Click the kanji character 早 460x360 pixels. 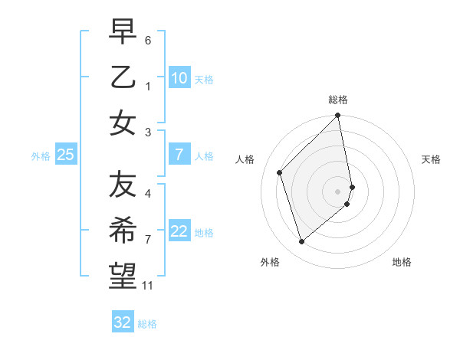click(123, 33)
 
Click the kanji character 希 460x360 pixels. click(123, 230)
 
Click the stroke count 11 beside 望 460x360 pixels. click(148, 286)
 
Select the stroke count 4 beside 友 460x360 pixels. click(148, 194)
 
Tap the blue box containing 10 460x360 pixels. click(179, 77)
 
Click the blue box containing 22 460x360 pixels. click(179, 231)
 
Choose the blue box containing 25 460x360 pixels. click(66, 155)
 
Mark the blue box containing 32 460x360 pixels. click(123, 322)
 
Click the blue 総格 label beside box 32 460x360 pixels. click(147, 324)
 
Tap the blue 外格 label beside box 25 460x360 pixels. click(41, 156)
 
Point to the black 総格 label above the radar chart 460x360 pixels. click(338, 100)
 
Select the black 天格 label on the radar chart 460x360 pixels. click(432, 159)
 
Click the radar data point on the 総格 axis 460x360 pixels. click(338, 116)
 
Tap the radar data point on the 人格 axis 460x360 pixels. click(280, 172)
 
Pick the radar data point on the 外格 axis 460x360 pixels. click(301, 242)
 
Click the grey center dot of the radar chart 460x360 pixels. click(338, 191)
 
